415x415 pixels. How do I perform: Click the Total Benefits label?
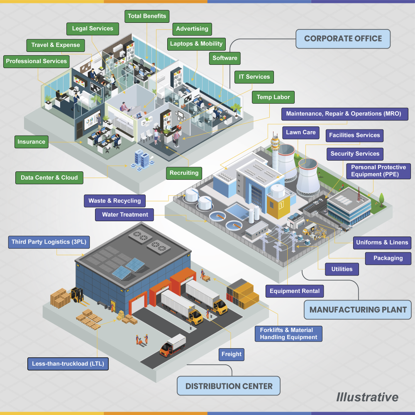(147, 16)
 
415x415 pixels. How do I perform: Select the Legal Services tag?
(93, 29)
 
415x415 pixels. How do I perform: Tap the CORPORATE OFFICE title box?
(343, 39)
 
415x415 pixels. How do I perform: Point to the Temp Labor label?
(273, 97)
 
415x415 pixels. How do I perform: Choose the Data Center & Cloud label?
(49, 178)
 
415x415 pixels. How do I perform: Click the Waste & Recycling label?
(115, 201)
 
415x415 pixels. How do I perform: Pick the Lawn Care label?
(300, 133)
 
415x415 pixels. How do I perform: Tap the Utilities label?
(342, 269)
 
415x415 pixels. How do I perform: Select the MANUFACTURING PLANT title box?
(358, 310)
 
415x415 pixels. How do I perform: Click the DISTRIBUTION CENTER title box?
(229, 386)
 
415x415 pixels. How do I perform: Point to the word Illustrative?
(367, 397)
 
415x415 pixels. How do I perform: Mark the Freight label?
(231, 354)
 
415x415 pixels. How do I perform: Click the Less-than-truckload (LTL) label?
(68, 364)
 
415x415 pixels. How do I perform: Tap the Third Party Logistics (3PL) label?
(49, 242)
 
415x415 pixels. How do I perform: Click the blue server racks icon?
(142, 160)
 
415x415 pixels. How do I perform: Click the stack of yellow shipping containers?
(243, 294)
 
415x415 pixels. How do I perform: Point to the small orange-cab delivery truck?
(173, 345)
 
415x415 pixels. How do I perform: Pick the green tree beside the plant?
(381, 200)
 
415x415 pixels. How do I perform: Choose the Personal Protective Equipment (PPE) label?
(378, 171)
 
